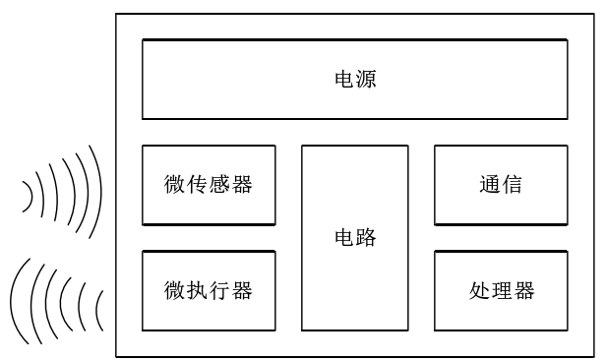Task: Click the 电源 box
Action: pos(354,79)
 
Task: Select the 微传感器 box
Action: pos(209,185)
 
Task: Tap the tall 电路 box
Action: pos(354,238)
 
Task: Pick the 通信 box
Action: pos(501,185)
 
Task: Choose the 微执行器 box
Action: pos(209,291)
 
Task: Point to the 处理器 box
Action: pos(501,291)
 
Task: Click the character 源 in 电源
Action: pos(366,80)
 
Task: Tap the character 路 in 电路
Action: pos(366,238)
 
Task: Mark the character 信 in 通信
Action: pos(512,185)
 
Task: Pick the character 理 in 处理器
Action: pos(502,291)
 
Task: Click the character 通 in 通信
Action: pos(490,185)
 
